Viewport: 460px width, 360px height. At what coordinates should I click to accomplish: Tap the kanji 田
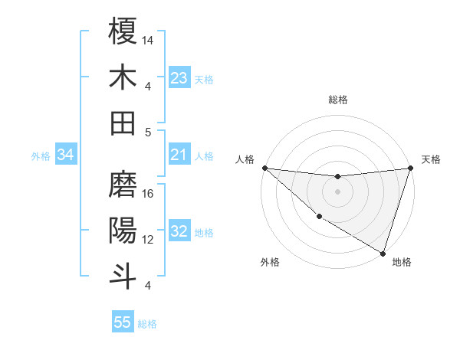point(123,122)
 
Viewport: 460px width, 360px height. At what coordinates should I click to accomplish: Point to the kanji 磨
point(123,184)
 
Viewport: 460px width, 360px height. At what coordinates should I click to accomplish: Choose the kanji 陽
point(123,230)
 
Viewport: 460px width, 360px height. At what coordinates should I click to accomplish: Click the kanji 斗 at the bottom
point(123,276)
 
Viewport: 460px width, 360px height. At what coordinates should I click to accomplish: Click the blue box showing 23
point(179,77)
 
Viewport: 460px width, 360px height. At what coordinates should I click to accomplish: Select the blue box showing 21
point(179,155)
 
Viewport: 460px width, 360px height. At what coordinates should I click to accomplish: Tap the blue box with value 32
point(179,232)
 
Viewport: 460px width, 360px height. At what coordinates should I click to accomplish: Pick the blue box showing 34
point(66,155)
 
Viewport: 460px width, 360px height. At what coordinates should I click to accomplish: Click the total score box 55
point(123,322)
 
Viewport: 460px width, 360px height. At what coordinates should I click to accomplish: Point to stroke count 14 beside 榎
point(149,39)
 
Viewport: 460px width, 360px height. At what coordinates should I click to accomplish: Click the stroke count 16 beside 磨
point(149,194)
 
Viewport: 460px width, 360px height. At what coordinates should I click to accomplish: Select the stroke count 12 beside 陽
point(149,240)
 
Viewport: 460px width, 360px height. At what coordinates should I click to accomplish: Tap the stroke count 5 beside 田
point(149,132)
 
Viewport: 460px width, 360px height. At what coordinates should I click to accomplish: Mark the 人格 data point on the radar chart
point(264,168)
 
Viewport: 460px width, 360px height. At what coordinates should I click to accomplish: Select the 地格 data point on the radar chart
point(383,253)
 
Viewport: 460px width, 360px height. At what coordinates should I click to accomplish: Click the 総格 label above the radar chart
point(338,100)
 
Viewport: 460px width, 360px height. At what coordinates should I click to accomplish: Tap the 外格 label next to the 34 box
point(41,156)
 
